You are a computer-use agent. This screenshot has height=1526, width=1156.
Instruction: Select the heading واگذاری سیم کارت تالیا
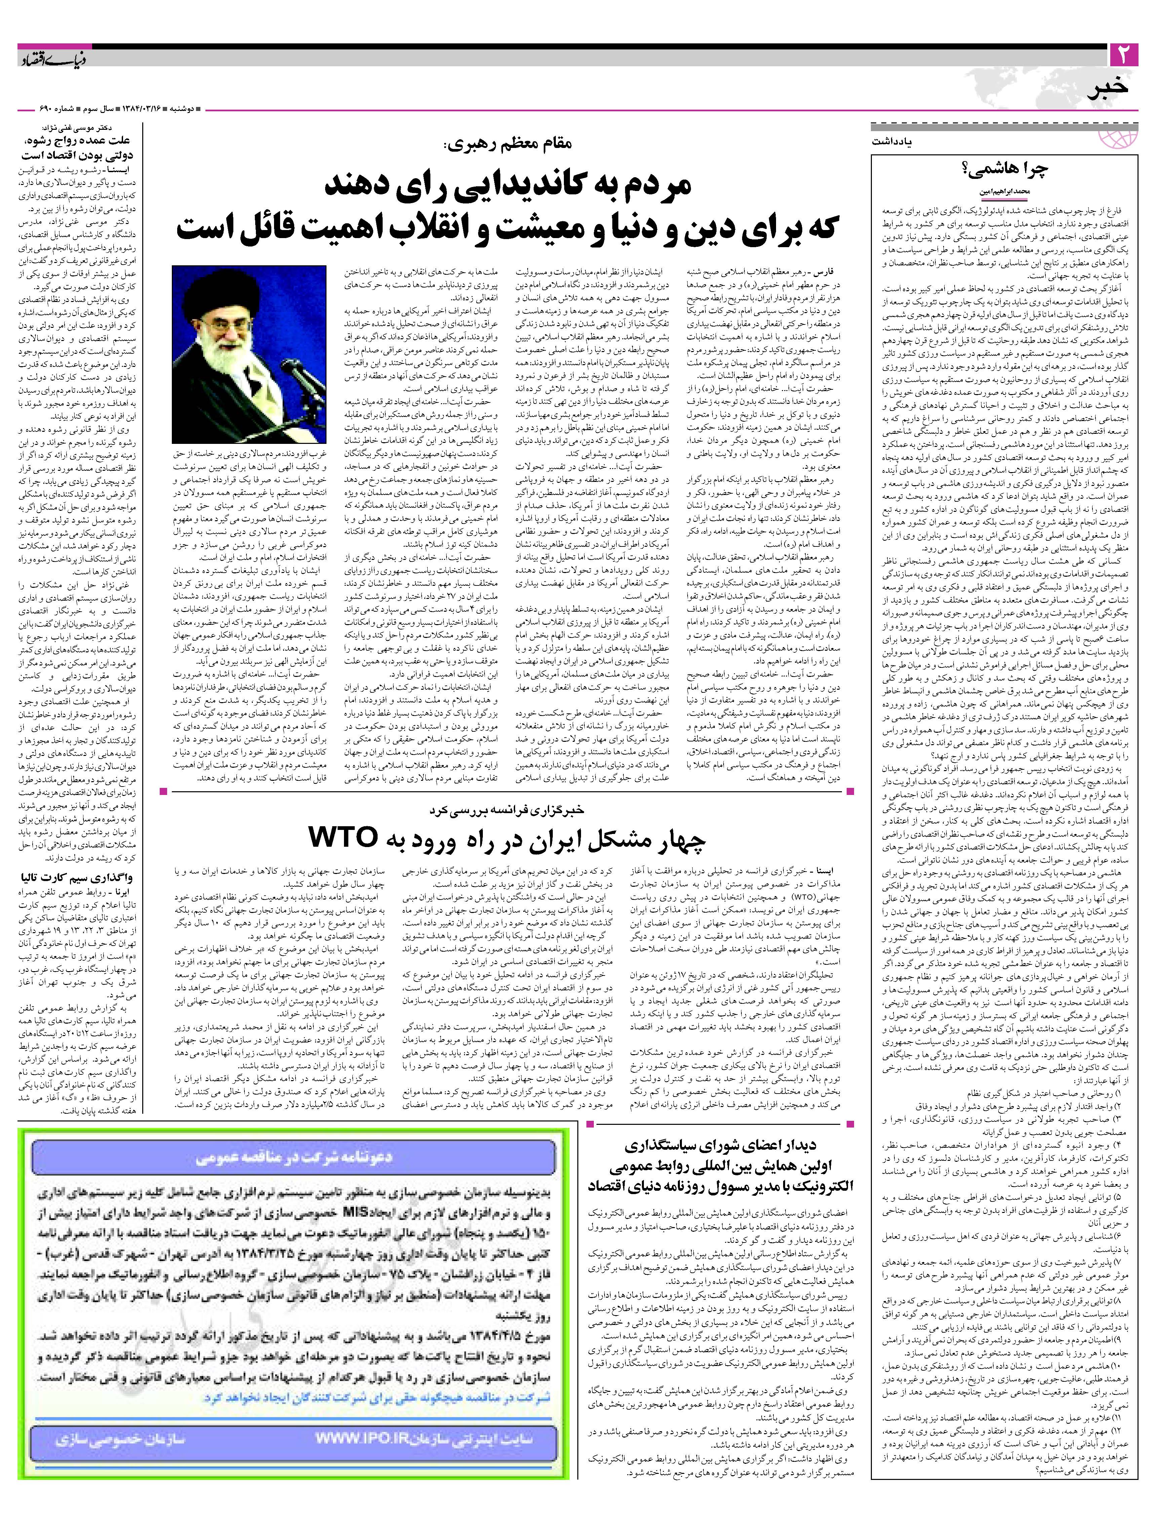point(83,878)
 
